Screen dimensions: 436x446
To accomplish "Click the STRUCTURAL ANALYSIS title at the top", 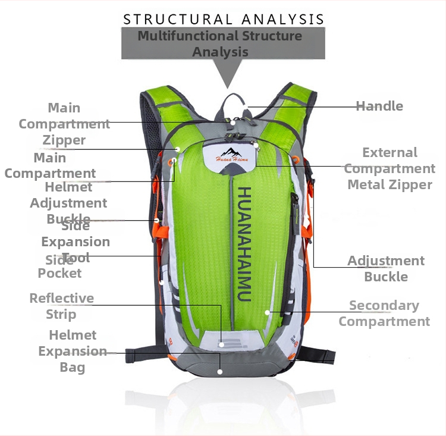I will point(224,19).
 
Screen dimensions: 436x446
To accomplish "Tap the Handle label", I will point(379,106).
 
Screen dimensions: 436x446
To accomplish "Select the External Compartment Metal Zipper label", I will point(390,168).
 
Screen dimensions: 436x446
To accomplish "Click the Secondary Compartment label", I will point(384,313).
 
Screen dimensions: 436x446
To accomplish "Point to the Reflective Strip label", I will point(62,306).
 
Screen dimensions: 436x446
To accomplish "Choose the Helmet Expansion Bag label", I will point(73,351).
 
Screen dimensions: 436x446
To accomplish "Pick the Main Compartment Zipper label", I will point(64,124).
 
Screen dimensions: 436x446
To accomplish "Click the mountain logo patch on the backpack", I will point(229,155).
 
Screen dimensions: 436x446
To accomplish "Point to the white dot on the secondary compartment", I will point(268,312).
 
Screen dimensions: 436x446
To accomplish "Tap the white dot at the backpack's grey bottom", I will point(220,372).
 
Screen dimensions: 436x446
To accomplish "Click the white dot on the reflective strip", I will point(221,344).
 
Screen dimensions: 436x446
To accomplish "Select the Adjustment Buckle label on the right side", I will point(386,269).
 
